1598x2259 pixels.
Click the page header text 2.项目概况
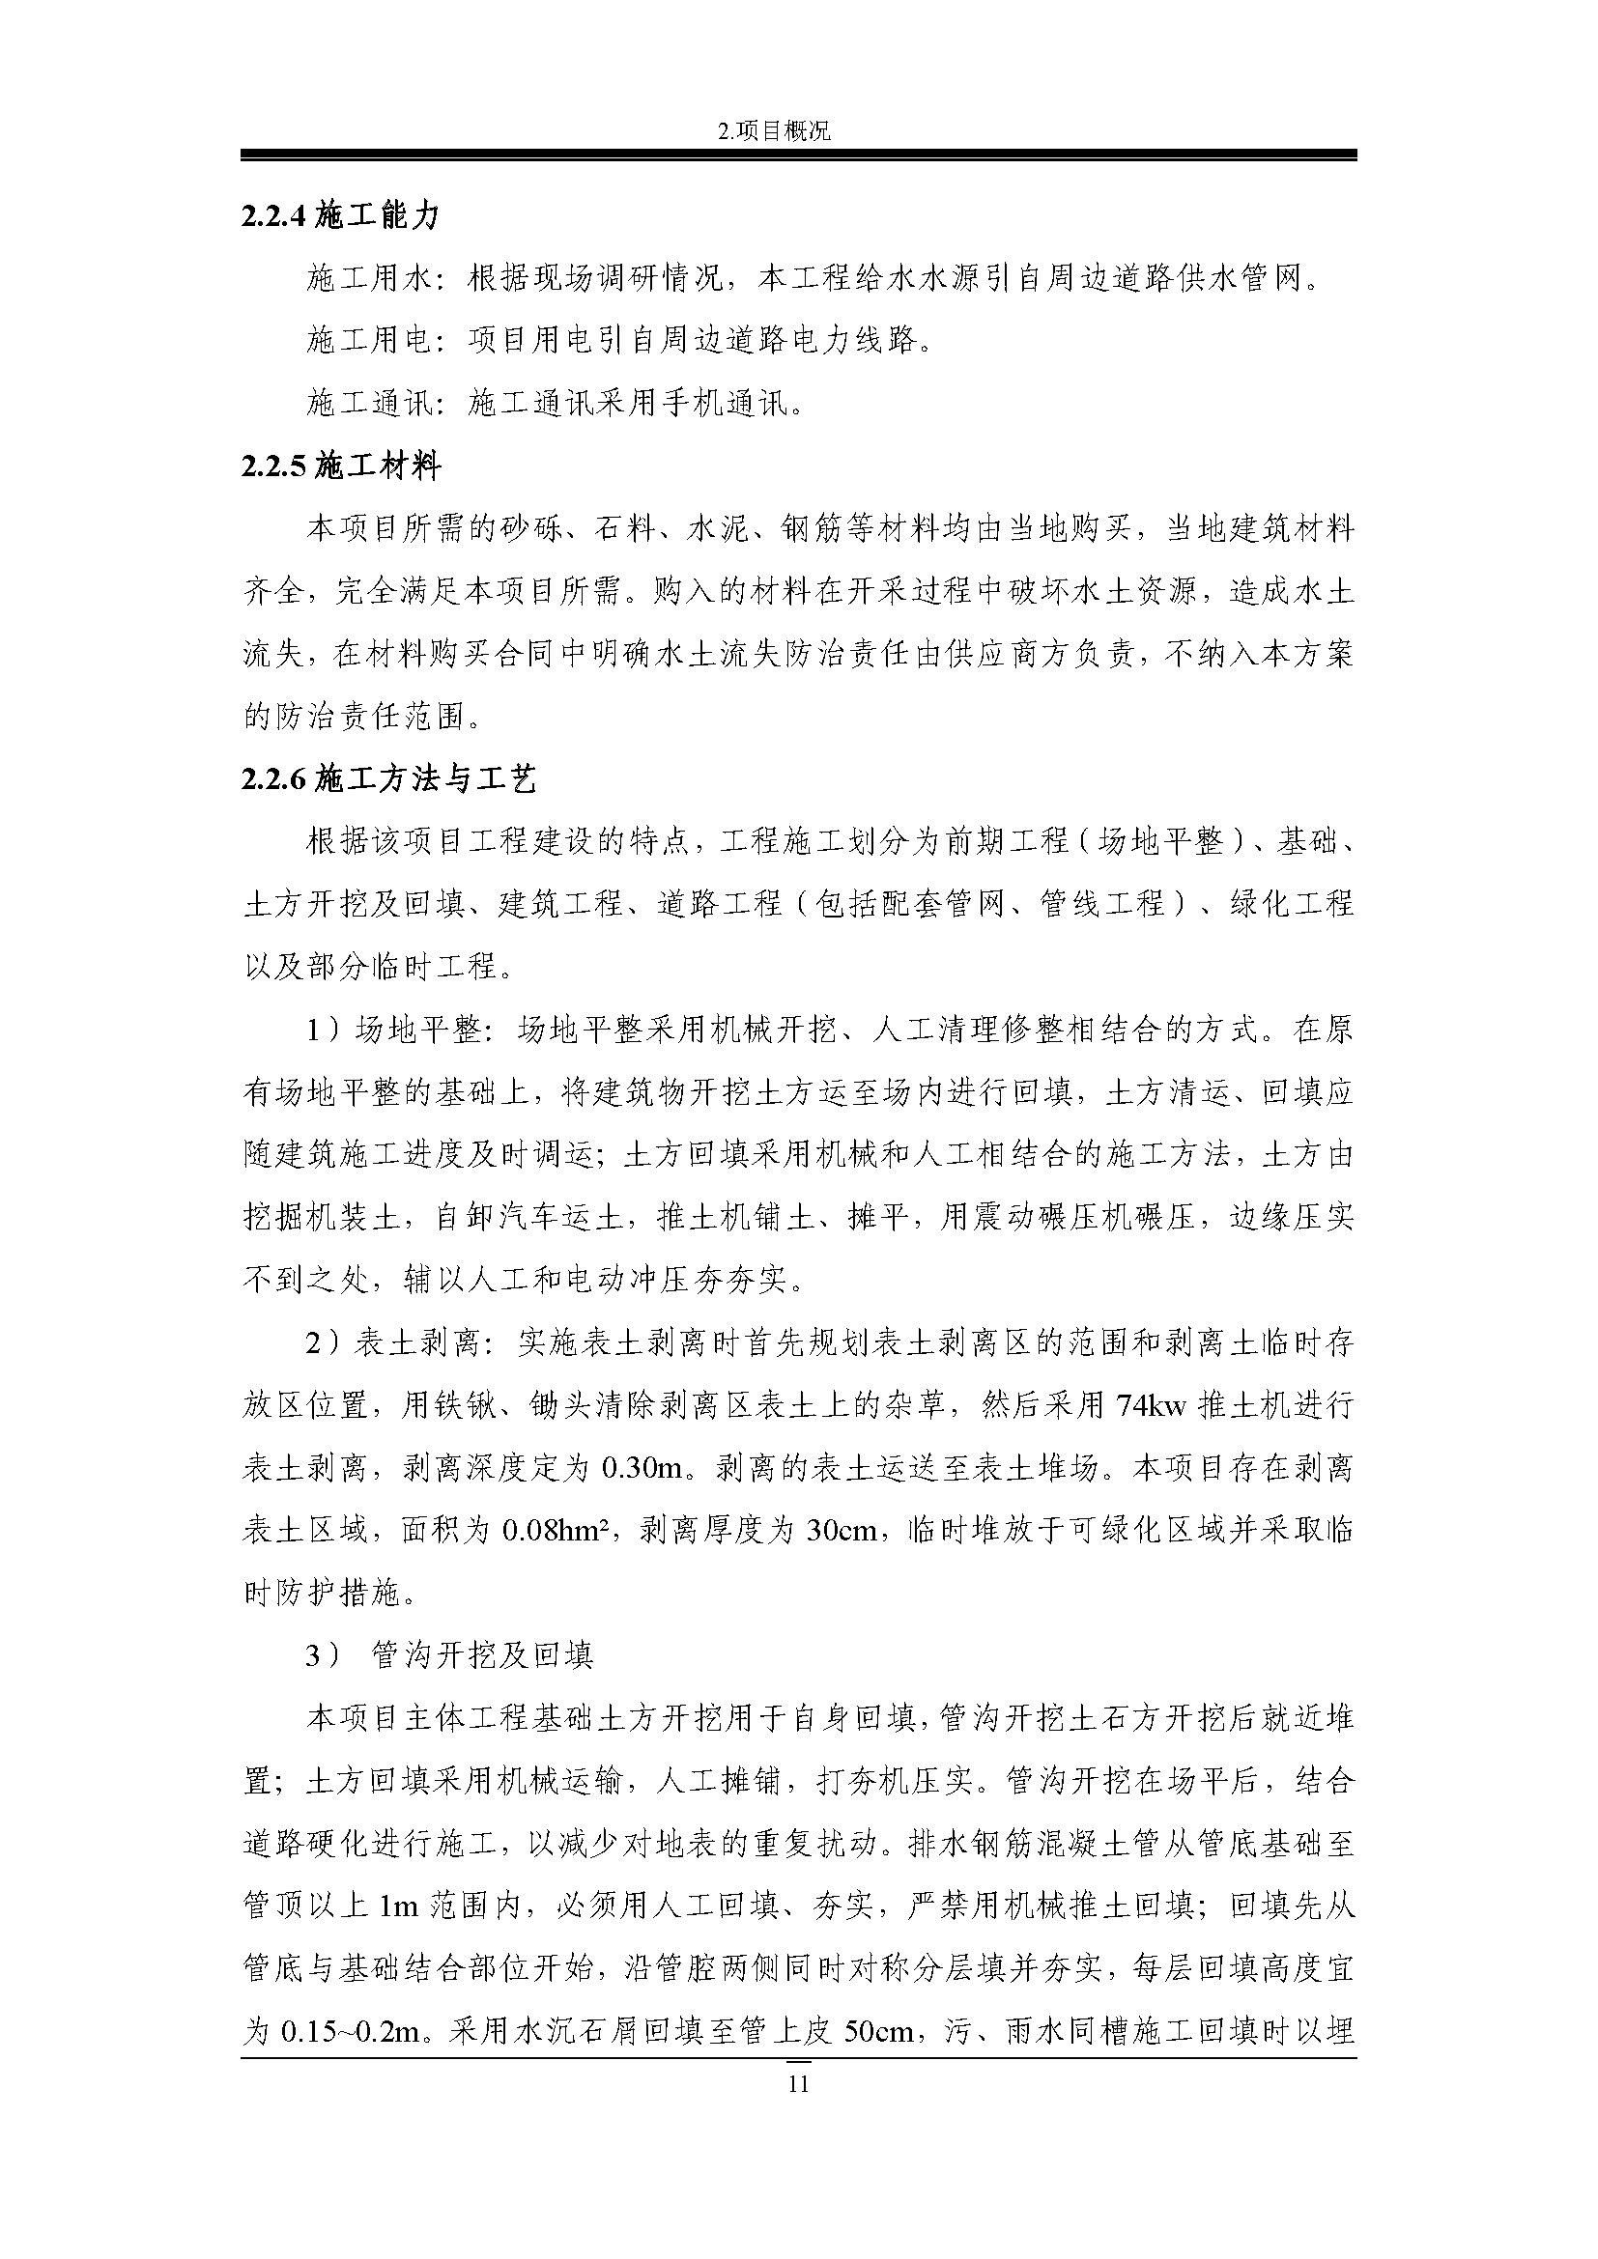pyautogui.click(x=776, y=130)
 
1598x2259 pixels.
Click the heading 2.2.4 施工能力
pyautogui.click(x=339, y=215)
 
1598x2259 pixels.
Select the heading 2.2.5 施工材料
pyautogui.click(x=340, y=466)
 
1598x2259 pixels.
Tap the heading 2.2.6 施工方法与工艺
pyautogui.click(x=388, y=779)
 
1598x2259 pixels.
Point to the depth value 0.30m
pyautogui.click(x=642, y=1468)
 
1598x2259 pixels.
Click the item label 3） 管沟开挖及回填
pyautogui.click(x=449, y=1656)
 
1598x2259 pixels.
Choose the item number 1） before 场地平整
pyautogui.click(x=324, y=1031)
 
